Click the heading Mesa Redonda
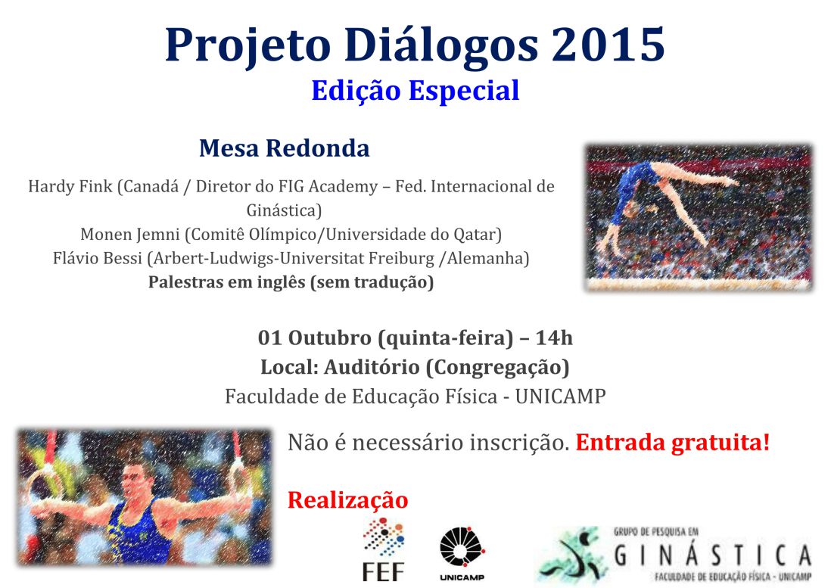(x=284, y=148)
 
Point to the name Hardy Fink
(x=70, y=186)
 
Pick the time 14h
(x=554, y=338)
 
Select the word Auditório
(x=372, y=367)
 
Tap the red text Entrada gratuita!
(x=673, y=442)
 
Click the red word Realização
(x=347, y=500)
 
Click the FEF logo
(x=383, y=549)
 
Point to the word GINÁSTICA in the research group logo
(x=712, y=555)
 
